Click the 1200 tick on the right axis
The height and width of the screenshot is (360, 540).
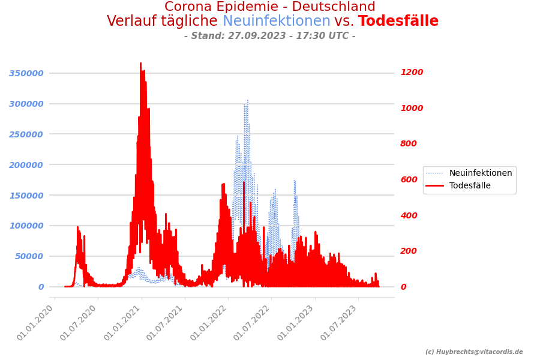(412, 73)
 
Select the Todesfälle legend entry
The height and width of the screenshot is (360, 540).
(470, 186)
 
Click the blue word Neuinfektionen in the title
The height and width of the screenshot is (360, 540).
(276, 22)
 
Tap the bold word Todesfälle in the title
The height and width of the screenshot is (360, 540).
(398, 22)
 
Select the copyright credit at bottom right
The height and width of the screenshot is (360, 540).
(474, 352)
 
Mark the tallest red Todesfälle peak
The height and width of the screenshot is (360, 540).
(141, 64)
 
